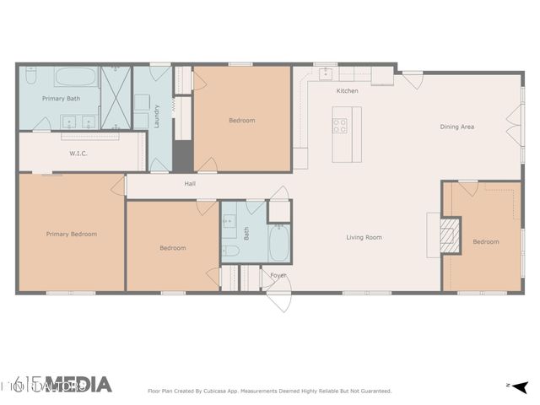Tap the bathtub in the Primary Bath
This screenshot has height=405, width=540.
pos(76,78)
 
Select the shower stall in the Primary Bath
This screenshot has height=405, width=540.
pos(115,98)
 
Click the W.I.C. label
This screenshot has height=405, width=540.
pos(78,154)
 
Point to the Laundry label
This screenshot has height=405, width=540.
pos(157,114)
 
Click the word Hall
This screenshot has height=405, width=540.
pos(191,183)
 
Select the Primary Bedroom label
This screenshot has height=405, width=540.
pos(71,234)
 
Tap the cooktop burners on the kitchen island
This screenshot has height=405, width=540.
pos(340,126)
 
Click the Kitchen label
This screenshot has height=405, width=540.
pos(347,90)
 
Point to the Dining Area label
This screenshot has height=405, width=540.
pos(456,127)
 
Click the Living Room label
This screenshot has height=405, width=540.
pos(364,237)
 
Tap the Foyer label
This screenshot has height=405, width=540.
pos(278,275)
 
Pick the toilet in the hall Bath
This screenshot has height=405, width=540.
pos(229,251)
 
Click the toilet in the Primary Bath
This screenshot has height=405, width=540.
pos(29,78)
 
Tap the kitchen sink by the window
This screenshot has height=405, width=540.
pos(325,74)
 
